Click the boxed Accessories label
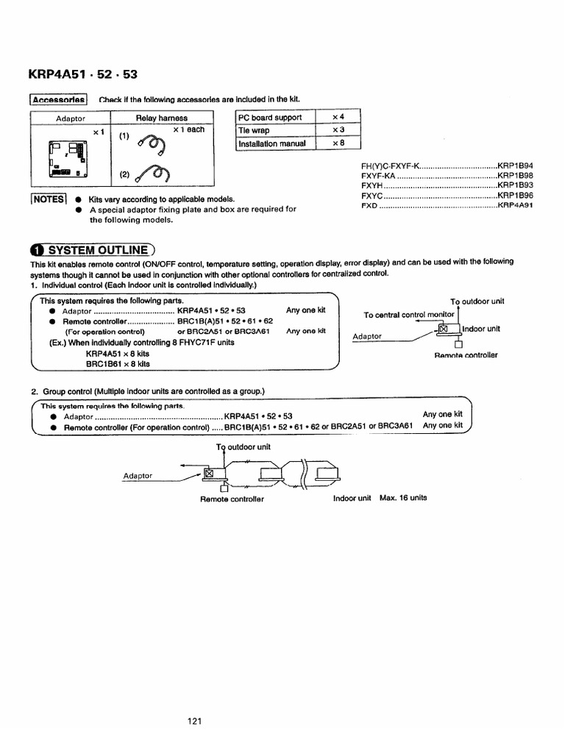pyautogui.click(x=59, y=99)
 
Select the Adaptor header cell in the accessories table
pyautogui.click(x=71, y=118)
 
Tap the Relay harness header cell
pyautogui.click(x=161, y=118)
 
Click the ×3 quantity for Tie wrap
pyautogui.click(x=338, y=130)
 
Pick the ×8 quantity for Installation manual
pyautogui.click(x=338, y=143)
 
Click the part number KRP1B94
pyautogui.click(x=515, y=168)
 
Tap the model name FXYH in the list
pyautogui.click(x=371, y=187)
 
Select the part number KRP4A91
pyautogui.click(x=515, y=206)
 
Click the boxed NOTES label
pyautogui.click(x=49, y=199)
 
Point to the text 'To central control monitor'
pyautogui.click(x=411, y=315)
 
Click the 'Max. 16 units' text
pyautogui.click(x=403, y=498)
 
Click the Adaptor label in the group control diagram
pyautogui.click(x=138, y=476)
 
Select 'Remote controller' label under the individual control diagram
pyautogui.click(x=466, y=355)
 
